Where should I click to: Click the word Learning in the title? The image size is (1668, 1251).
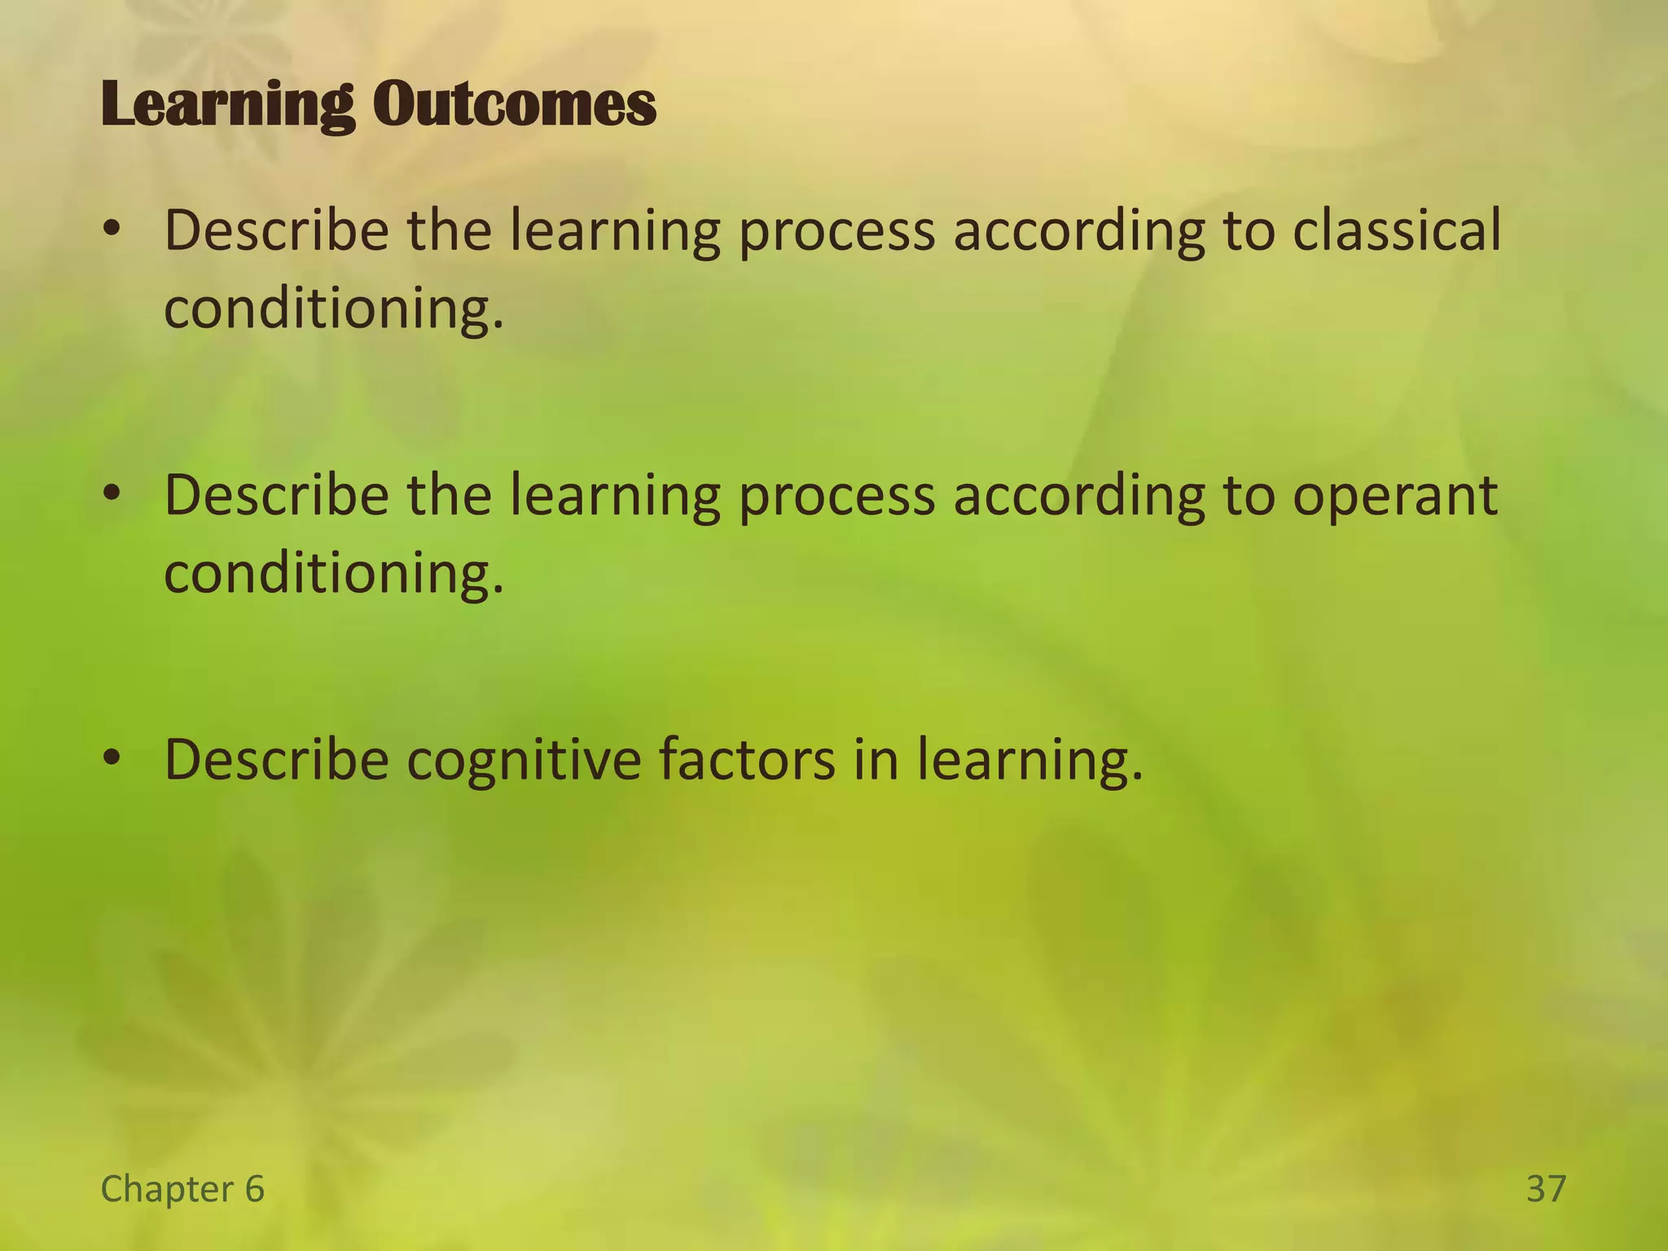[228, 106]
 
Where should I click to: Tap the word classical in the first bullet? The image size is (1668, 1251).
[1397, 230]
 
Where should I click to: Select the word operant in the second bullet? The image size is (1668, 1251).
[1395, 497]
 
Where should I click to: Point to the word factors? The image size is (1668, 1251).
[747, 759]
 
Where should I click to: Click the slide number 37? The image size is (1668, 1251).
[1546, 1189]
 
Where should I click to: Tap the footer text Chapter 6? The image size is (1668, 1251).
[182, 1189]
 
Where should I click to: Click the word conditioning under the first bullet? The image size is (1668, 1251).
[334, 309]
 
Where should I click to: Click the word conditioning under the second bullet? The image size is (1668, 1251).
[334, 574]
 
